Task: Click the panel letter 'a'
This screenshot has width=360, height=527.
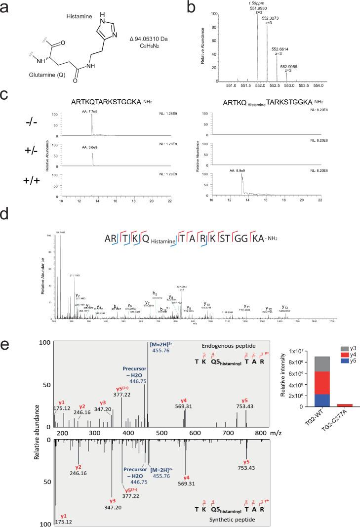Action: click(6, 9)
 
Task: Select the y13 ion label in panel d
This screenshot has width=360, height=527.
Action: click(284, 307)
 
